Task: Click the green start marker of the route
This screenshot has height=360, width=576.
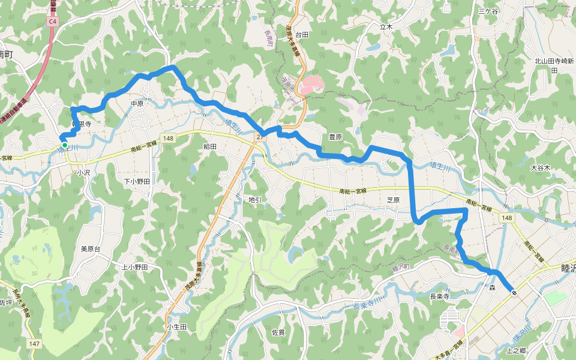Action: [64, 145]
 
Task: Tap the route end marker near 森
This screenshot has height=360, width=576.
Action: [514, 292]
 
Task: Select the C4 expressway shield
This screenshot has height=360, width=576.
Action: [53, 21]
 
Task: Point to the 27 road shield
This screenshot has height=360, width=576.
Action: [259, 137]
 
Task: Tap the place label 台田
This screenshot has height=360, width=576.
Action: [301, 35]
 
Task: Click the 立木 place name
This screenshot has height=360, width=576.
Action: [386, 27]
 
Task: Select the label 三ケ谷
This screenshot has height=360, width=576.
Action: [488, 11]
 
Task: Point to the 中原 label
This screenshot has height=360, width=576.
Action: [138, 103]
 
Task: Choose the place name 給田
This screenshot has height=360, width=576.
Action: [210, 146]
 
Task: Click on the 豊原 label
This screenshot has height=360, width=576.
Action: [335, 137]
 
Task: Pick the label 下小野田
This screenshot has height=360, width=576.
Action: [136, 181]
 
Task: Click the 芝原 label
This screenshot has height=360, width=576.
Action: [393, 200]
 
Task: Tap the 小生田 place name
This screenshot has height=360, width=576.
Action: [176, 326]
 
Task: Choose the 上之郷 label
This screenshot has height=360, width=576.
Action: [516, 350]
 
